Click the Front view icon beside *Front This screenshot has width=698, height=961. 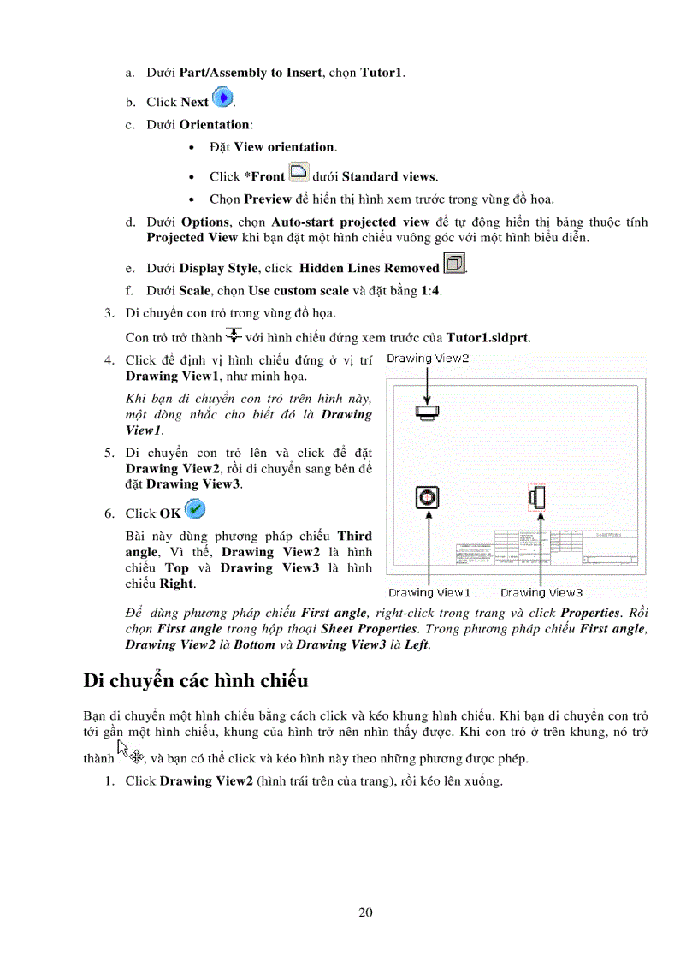(299, 173)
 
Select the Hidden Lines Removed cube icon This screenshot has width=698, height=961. (454, 264)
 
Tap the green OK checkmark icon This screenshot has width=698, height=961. (194, 510)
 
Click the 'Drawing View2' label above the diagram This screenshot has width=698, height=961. (428, 359)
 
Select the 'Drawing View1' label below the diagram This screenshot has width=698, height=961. (429, 592)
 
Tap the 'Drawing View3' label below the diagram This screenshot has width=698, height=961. (541, 592)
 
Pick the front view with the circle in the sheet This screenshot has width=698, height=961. (428, 496)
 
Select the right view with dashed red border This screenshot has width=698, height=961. (537, 496)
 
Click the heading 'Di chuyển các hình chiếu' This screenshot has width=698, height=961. (195, 681)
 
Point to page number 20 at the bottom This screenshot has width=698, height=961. (365, 912)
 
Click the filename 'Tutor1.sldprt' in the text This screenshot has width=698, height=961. (488, 337)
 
